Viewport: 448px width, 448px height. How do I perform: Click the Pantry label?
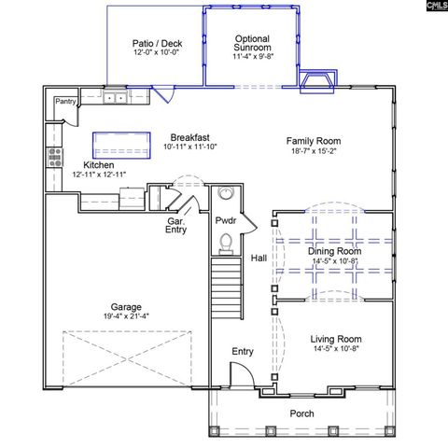point(65,101)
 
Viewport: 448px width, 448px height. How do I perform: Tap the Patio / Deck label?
point(156,43)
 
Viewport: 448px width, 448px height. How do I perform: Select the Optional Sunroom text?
point(252,41)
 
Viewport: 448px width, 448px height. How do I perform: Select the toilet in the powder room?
point(224,243)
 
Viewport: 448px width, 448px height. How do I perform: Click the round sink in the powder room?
point(225,194)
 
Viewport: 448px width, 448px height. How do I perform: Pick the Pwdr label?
point(225,220)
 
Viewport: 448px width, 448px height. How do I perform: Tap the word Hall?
point(259,258)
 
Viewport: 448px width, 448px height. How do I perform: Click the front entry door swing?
point(239,376)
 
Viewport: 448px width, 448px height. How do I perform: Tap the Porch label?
point(301,414)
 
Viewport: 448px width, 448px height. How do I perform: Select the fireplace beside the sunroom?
point(315,83)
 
